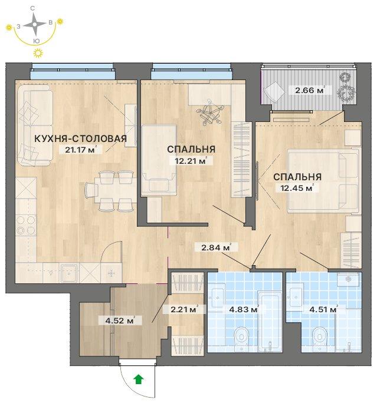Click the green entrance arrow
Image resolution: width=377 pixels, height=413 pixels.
(139, 379)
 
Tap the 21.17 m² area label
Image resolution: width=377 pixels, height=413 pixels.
(80, 150)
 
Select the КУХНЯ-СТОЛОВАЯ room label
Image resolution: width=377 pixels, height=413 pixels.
(81, 138)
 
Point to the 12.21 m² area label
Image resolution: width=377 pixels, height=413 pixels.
(191, 161)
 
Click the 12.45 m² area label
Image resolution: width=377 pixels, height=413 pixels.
(294, 188)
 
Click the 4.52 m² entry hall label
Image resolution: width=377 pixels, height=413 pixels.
(120, 321)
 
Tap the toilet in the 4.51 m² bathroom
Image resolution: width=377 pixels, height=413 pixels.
(320, 337)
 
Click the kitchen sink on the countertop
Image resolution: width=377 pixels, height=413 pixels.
(69, 273)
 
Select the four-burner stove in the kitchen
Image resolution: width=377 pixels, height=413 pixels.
(26, 225)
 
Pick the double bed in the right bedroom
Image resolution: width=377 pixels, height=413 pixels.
(324, 181)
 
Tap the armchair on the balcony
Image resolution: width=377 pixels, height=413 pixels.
(274, 91)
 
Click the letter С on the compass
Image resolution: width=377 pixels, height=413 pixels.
(32, 8)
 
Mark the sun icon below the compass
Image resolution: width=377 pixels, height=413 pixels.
(38, 53)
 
